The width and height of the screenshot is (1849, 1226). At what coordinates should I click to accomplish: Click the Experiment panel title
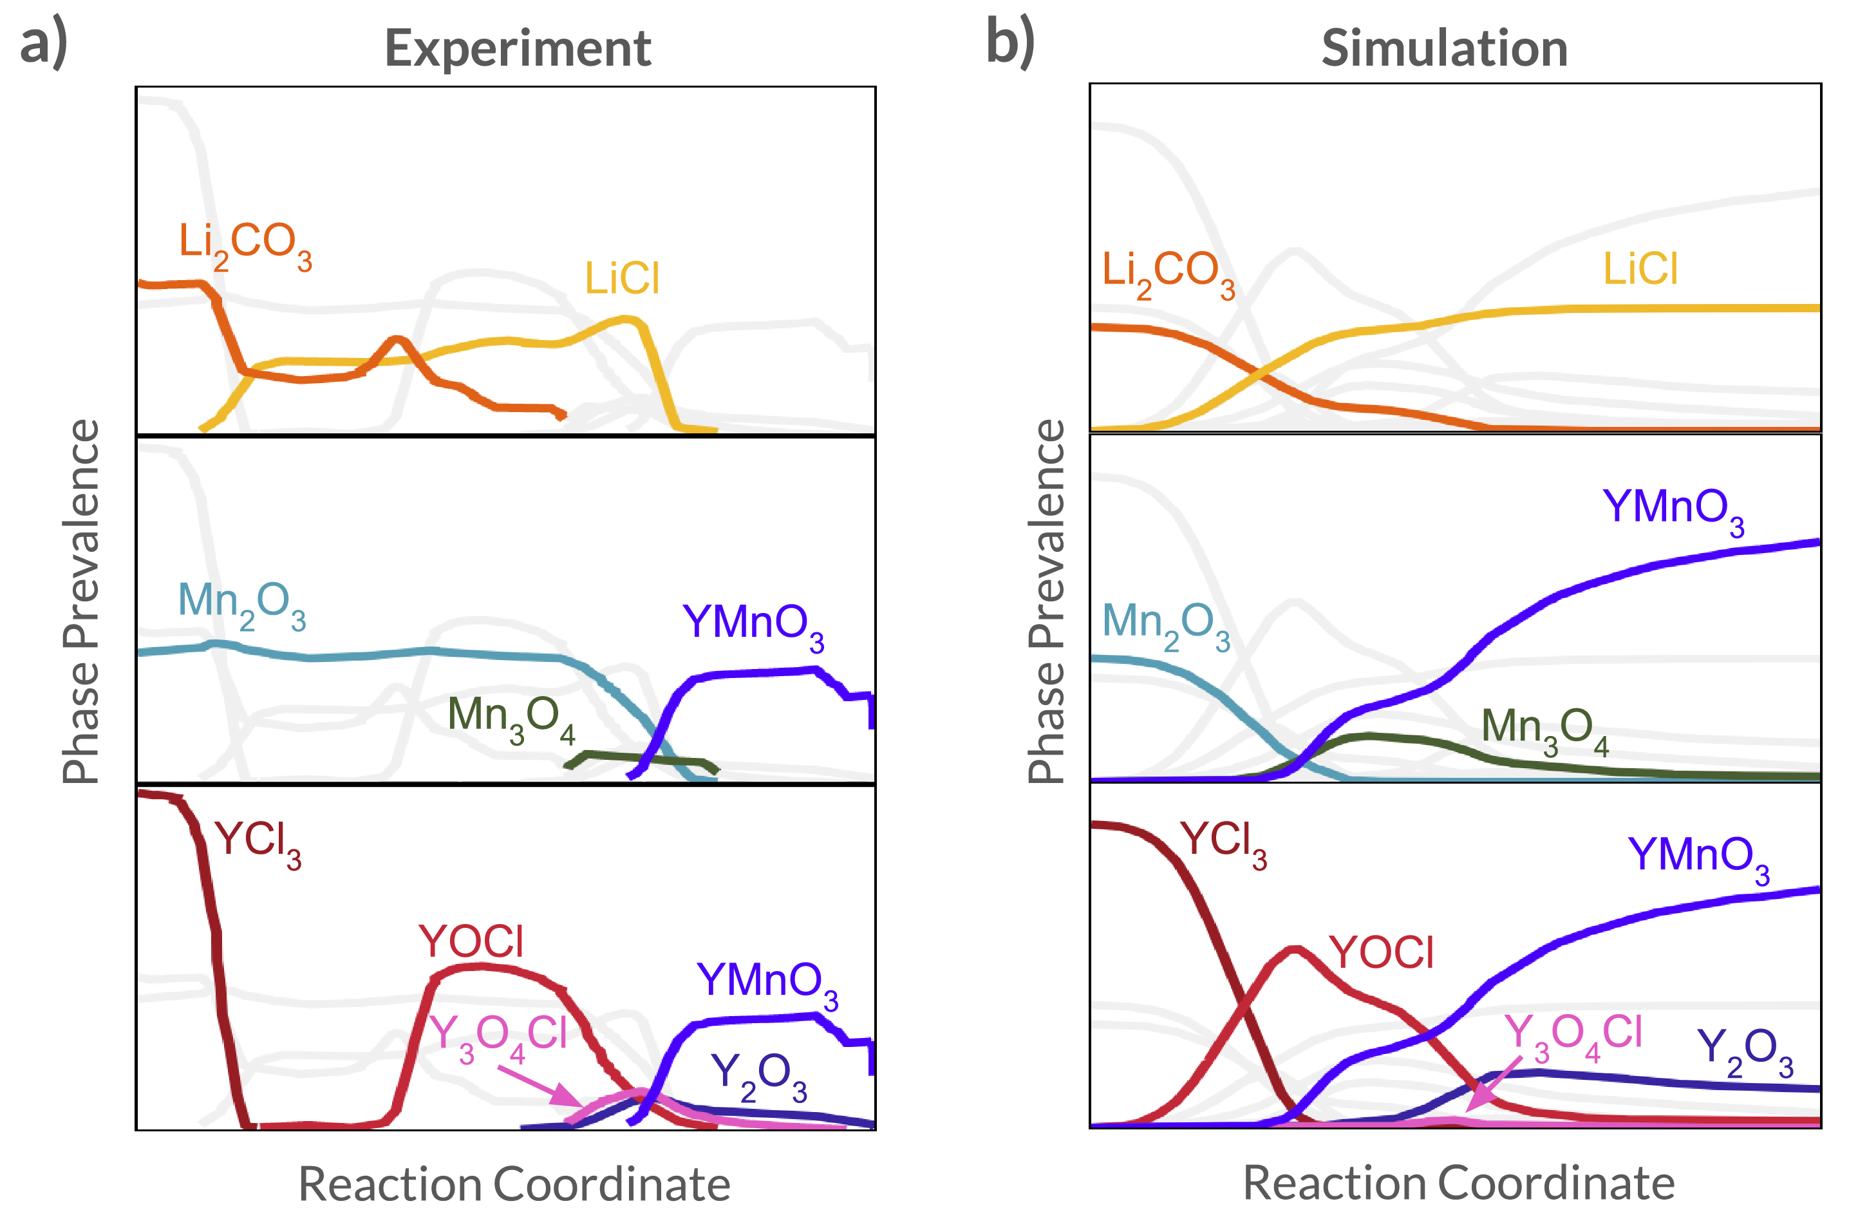[518, 48]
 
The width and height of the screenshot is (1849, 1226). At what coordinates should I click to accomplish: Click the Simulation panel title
[1444, 48]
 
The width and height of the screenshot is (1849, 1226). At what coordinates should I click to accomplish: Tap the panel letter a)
[44, 44]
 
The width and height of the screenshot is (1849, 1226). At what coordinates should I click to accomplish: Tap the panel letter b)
[1010, 44]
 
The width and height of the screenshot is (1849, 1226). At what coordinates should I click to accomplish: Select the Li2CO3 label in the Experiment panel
[245, 244]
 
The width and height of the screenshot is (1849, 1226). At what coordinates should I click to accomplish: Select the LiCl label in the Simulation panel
[1640, 269]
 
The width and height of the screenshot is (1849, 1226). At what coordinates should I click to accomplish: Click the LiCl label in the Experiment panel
[623, 278]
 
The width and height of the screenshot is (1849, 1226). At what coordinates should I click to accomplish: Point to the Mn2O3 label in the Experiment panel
[241, 605]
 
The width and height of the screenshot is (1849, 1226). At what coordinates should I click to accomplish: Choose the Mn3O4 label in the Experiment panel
[511, 718]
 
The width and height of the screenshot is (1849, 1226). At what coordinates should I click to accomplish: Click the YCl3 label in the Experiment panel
[258, 843]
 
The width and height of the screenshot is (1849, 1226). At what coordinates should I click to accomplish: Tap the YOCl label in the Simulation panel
[1382, 953]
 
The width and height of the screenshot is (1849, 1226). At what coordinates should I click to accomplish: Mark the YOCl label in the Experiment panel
[471, 941]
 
